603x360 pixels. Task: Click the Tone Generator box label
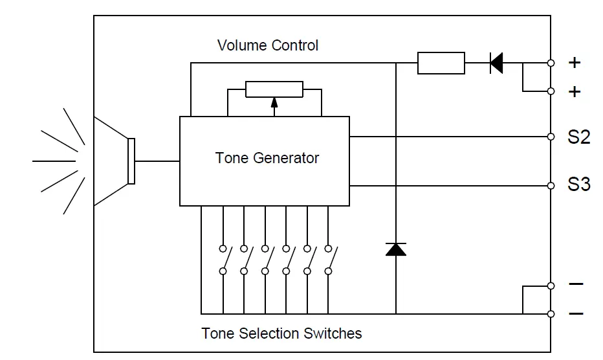pos(267,158)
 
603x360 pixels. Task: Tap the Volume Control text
pos(267,45)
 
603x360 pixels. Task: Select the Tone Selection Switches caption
pos(281,333)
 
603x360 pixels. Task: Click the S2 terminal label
pos(579,137)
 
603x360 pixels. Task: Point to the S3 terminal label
pos(579,185)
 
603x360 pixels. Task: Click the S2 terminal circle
pos(551,137)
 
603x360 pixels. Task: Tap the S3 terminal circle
pos(551,186)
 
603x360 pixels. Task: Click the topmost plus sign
pos(574,63)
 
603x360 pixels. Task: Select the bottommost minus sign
pos(575,314)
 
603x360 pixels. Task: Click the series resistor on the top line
pos(441,63)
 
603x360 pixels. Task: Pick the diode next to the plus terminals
pos(496,63)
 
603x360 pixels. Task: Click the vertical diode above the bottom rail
pos(395,249)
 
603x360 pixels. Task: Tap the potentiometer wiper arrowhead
pos(274,101)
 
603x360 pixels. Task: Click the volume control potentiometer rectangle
pos(274,89)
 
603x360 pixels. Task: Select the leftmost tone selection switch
pos(223,259)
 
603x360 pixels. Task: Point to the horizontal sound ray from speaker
pos(54,161)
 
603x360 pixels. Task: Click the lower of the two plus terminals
pos(551,91)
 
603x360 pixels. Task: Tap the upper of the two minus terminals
pos(551,286)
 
